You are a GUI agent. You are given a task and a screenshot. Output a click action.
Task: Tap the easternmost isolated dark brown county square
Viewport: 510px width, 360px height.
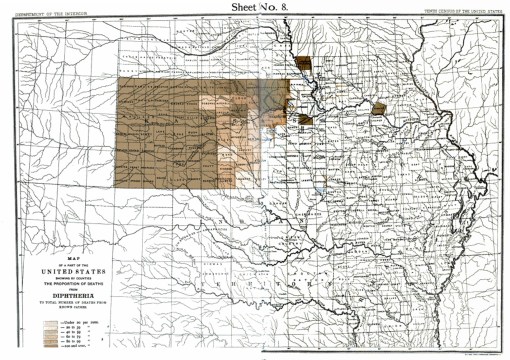coord(379,108)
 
